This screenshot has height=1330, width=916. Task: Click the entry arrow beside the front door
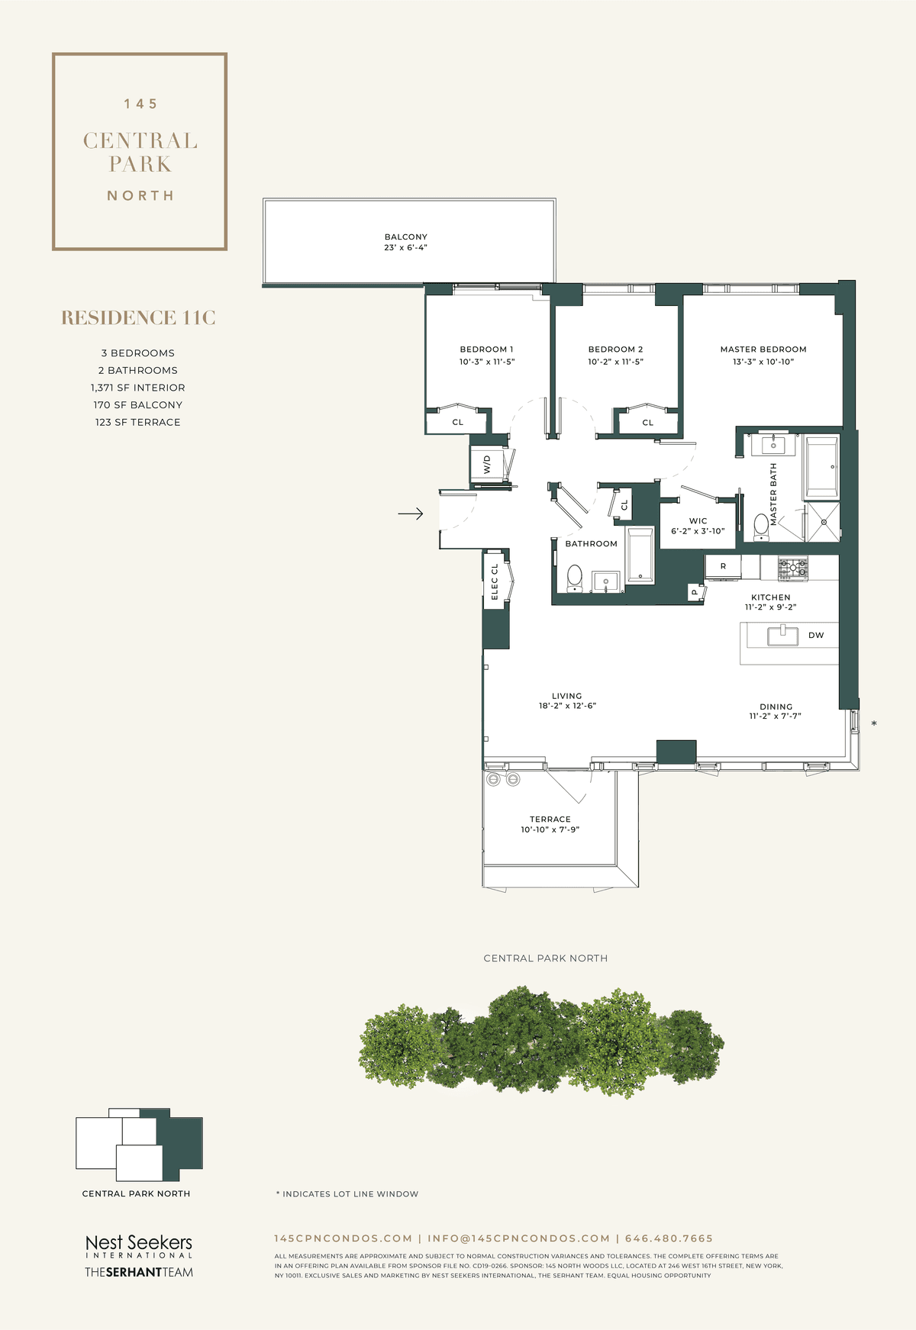(x=411, y=514)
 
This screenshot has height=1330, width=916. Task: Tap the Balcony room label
(x=406, y=237)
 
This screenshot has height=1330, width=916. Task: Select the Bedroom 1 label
(x=487, y=349)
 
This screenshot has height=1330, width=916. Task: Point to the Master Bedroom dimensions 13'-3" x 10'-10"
(x=763, y=362)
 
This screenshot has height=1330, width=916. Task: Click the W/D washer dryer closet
(x=487, y=464)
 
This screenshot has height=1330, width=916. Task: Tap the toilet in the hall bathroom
(x=575, y=578)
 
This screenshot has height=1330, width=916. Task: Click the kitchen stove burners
(x=793, y=567)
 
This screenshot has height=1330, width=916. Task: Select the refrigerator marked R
(x=723, y=566)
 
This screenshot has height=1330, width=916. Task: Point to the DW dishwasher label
(x=816, y=635)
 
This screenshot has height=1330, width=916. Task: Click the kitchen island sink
(x=782, y=635)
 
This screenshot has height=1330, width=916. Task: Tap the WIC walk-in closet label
(x=698, y=521)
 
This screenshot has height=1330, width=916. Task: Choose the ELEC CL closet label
(x=495, y=581)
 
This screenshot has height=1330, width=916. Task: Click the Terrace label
(x=550, y=820)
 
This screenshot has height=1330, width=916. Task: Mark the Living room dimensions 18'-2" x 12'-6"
(x=567, y=706)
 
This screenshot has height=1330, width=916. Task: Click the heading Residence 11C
(x=139, y=317)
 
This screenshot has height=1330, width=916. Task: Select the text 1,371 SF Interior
(x=138, y=388)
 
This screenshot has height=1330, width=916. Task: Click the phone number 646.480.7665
(x=669, y=1238)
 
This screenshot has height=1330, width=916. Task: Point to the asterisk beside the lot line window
(x=874, y=723)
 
